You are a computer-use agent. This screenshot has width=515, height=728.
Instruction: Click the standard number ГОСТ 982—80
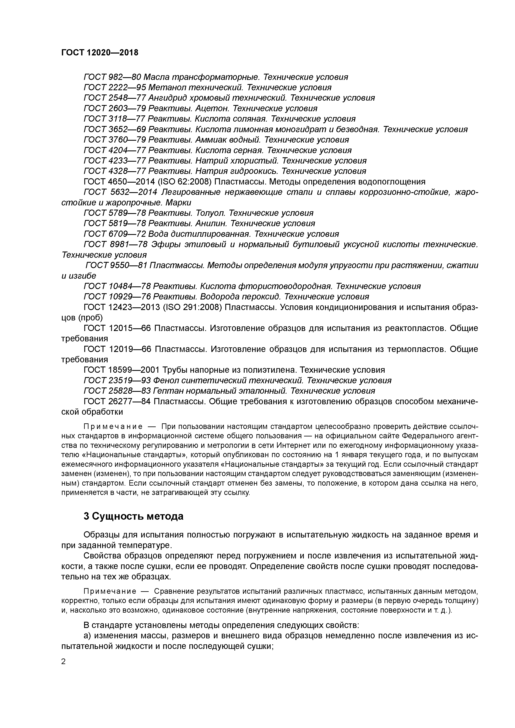[112, 77]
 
